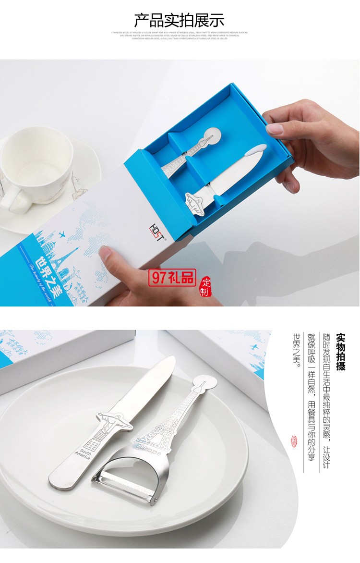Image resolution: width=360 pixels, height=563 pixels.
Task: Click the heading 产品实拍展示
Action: [x=179, y=20]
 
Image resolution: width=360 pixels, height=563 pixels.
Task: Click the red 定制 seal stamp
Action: [x=205, y=287]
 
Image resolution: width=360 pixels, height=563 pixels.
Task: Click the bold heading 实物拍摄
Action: [x=341, y=351]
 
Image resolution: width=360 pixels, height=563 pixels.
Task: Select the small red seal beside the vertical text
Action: [x=294, y=441]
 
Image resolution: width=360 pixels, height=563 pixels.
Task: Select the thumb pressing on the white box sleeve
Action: [x=107, y=253]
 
